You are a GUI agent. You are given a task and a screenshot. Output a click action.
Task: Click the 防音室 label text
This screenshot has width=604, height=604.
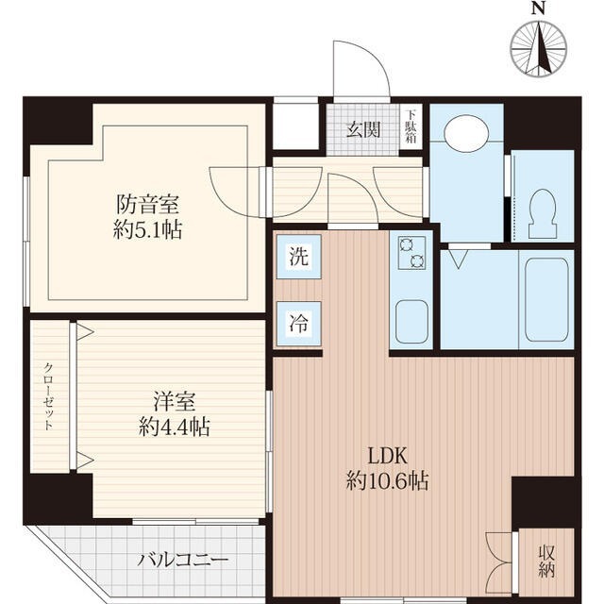(148, 204)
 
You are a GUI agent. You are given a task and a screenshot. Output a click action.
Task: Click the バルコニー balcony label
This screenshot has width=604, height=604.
(183, 561)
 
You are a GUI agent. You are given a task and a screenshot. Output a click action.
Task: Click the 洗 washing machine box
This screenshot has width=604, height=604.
(297, 256)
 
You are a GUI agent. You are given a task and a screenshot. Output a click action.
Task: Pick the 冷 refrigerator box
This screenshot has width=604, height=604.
(297, 320)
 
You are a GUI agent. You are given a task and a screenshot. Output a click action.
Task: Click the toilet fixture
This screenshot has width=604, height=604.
(543, 213)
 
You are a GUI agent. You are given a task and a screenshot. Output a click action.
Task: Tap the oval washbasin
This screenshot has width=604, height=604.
(466, 133)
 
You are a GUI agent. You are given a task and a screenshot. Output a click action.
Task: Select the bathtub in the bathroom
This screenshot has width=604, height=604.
(545, 298)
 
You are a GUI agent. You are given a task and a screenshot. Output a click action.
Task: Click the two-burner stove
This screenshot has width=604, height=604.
(412, 251)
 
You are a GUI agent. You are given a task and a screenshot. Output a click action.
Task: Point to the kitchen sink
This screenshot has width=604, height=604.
(412, 322)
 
